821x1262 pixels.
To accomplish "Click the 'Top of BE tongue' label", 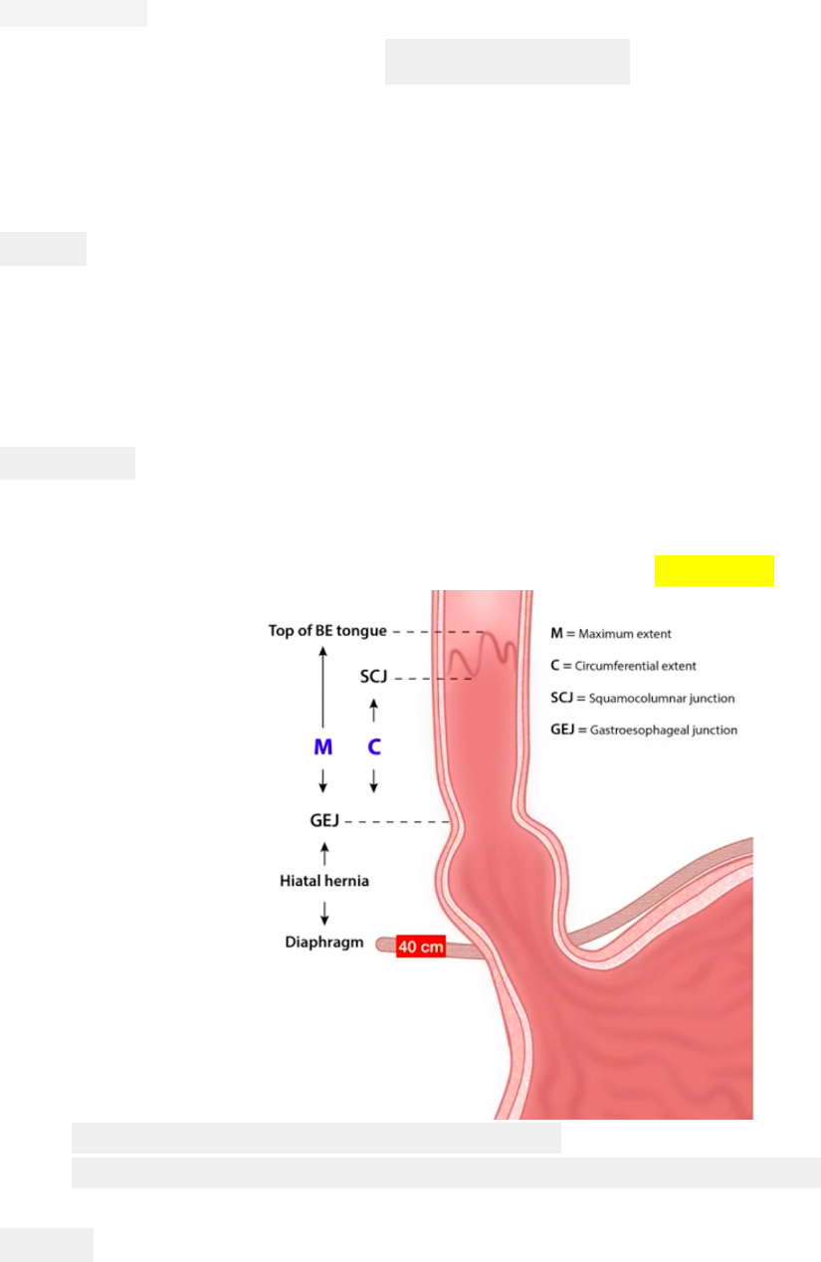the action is [326, 631].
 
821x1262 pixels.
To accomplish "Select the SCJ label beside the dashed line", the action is [373, 676].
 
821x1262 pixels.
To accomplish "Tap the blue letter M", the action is [322, 747].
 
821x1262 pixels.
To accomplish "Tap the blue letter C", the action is [374, 747].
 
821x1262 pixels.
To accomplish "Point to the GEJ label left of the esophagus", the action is [324, 821].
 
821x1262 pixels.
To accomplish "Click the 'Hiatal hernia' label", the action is [324, 881].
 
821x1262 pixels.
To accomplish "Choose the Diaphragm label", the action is [324, 942].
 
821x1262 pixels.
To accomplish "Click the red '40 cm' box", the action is [420, 946].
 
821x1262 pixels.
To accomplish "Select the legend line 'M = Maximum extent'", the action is [611, 634].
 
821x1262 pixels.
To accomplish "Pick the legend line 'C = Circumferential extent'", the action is [623, 666].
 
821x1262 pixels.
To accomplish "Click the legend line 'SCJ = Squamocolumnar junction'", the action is [643, 698].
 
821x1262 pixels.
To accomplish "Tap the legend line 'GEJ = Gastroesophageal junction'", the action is [644, 731].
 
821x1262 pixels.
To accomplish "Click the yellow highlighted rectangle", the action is [714, 570].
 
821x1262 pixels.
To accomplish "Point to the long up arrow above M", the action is [322, 687].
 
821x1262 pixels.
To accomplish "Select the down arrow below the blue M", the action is [322, 781].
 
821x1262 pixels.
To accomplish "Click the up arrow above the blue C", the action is [373, 711].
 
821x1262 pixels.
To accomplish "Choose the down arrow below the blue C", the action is [373, 781].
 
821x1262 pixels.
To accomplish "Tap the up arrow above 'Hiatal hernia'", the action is [324, 854].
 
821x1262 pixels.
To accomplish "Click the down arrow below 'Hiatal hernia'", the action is [324, 914].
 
